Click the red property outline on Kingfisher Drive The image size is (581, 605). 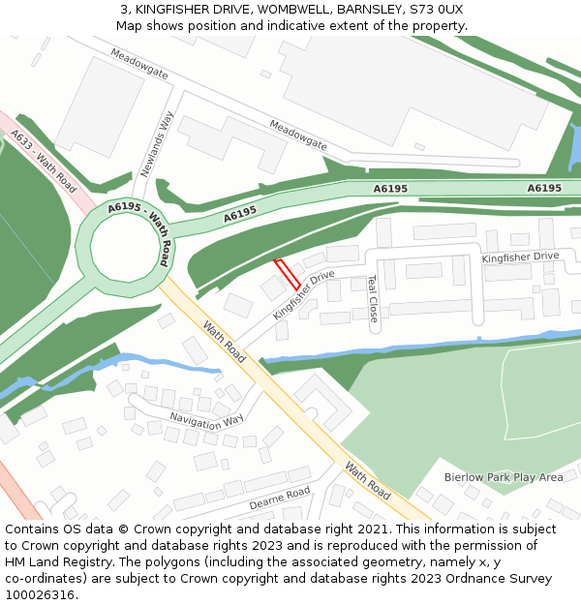click(287, 274)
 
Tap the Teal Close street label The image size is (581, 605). click(372, 298)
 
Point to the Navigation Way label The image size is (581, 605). click(206, 420)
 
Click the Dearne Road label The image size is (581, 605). click(279, 498)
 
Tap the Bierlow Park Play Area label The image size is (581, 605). click(503, 477)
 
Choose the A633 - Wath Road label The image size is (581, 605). click(44, 162)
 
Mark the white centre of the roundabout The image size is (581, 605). click(123, 249)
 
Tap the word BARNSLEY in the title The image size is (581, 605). click(363, 9)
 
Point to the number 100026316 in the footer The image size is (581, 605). click(38, 595)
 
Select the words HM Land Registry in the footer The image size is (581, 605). click(58, 562)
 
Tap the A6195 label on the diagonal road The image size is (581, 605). click(240, 213)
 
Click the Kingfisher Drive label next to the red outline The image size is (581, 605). click(303, 295)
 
